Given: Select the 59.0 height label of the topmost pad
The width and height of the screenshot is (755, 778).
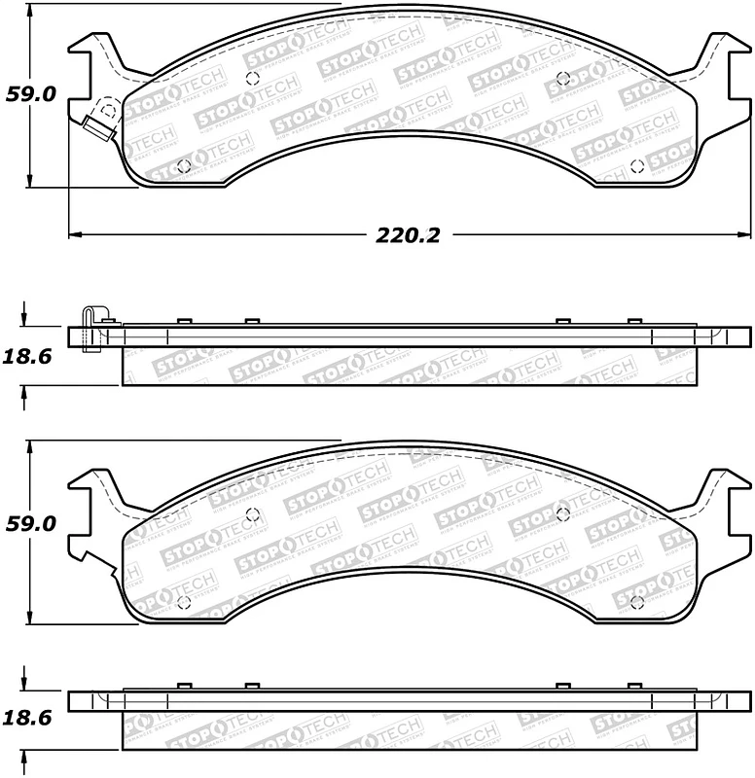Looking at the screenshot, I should (31, 94).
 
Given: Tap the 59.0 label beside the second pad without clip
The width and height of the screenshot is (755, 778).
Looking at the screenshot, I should (31, 523).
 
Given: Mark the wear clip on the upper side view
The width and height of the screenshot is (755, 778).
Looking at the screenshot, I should (91, 328).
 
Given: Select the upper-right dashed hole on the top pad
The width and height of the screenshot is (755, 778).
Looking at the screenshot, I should (563, 79).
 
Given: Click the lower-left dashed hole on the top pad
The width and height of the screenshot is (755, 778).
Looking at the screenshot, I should (183, 165).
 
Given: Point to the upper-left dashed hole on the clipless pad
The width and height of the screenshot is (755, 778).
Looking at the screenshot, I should (252, 513).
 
